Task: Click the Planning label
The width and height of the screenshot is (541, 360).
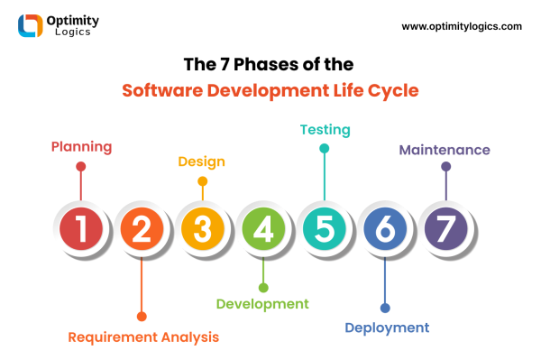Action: click(81, 146)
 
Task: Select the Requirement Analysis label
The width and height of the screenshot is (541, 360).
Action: click(143, 337)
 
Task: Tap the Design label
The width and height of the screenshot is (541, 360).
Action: click(201, 162)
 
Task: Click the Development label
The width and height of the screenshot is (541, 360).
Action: click(262, 304)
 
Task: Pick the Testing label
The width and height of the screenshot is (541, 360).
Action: click(325, 129)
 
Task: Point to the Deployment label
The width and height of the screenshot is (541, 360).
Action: click(387, 328)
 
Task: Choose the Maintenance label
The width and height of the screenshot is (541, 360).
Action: click(445, 149)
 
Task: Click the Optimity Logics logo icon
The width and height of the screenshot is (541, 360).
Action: click(31, 26)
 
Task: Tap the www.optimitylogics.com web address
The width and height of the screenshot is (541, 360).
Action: click(462, 26)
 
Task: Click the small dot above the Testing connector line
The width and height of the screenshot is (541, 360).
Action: click(324, 148)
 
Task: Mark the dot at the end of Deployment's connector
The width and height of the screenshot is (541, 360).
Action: click(385, 308)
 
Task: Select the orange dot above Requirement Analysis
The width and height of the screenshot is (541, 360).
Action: click(142, 316)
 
